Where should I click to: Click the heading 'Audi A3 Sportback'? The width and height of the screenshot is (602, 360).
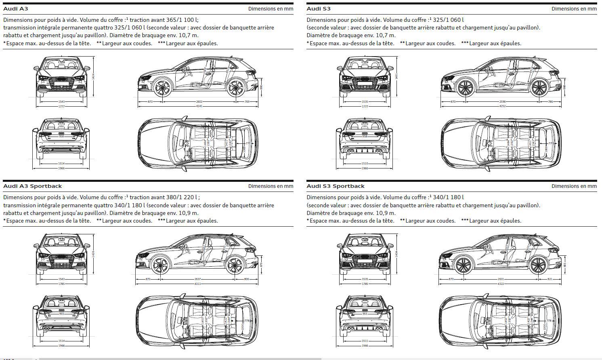33,186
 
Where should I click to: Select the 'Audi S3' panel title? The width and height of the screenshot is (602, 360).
319,8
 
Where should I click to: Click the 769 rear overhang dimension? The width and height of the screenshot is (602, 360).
247,102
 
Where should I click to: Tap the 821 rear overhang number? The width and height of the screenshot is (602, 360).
550,279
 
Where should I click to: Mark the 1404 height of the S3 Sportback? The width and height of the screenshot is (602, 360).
396,253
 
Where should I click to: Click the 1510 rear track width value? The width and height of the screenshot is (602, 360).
365,164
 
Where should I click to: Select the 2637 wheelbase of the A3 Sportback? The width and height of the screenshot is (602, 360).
197,279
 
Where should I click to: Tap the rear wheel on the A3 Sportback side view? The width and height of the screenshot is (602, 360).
235,265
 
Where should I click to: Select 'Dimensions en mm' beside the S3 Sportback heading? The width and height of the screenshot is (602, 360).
574,186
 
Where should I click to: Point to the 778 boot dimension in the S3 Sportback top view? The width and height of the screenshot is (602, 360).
549,320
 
